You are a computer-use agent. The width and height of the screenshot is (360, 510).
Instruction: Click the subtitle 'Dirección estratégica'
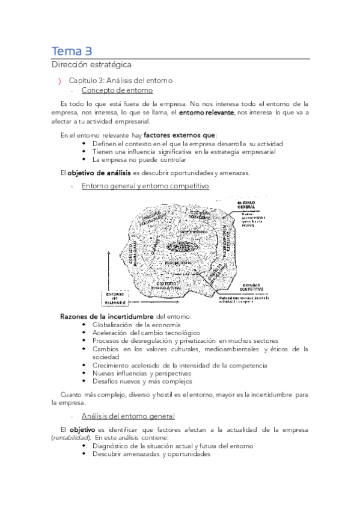coord(91,64)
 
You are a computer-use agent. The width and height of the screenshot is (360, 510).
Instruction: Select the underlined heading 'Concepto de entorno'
coord(117,90)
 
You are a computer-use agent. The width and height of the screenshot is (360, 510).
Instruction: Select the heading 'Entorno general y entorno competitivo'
coord(145,186)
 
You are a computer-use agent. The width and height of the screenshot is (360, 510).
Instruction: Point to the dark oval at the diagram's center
coord(179,247)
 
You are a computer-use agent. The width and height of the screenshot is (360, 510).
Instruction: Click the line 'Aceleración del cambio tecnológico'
coord(146,333)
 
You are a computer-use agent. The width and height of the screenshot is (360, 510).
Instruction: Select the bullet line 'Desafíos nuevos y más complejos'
coord(142,381)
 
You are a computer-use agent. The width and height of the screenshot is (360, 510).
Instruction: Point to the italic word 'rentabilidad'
coord(71,438)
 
